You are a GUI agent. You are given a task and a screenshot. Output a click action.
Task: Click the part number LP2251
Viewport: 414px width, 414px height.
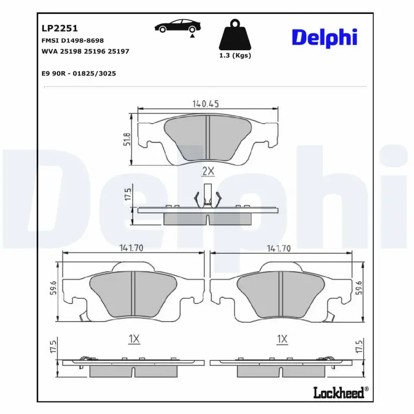59,28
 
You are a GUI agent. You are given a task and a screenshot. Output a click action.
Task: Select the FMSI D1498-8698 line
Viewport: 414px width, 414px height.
72,40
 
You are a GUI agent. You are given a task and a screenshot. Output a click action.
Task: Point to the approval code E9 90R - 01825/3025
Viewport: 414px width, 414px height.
78,73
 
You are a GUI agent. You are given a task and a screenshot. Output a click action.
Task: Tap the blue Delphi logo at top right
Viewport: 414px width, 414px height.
324,38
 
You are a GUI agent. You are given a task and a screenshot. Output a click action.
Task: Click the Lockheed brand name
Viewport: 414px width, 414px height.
338,393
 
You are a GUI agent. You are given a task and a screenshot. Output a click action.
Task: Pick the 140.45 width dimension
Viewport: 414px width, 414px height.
206,103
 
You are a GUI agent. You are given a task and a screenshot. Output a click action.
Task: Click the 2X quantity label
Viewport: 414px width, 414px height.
208,171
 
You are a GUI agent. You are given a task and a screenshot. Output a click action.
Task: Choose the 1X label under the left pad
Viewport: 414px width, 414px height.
134,339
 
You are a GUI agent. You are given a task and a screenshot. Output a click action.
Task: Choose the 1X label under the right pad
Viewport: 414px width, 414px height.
282,339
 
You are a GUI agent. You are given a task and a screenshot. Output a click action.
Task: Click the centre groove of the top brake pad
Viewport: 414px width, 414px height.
207,137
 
